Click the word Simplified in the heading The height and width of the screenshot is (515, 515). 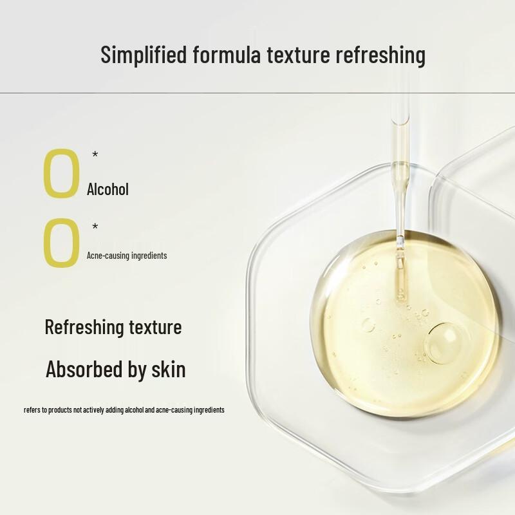click(144, 55)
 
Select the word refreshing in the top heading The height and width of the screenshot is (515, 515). click(380, 55)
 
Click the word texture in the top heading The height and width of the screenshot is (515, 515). click(297, 55)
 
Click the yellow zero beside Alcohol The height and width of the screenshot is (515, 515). click(61, 173)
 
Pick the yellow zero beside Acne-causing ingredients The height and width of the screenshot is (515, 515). click(61, 243)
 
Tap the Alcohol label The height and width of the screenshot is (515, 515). click(108, 189)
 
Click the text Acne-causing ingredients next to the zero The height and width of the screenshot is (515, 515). click(127, 256)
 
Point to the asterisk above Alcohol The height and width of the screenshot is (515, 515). click(95, 154)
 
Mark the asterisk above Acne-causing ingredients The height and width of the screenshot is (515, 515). click(95, 227)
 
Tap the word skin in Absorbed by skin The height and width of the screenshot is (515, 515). click(169, 370)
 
